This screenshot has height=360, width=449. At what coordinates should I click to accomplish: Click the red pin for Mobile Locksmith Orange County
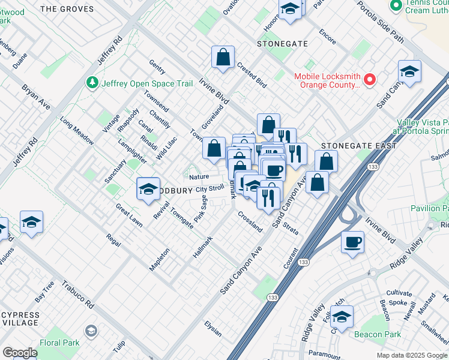click(x=370, y=79)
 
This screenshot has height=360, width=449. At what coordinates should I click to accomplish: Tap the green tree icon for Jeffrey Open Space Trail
click(x=92, y=82)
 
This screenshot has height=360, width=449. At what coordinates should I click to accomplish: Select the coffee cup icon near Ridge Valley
click(x=352, y=243)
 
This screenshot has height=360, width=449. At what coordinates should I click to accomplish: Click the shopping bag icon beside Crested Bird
click(x=223, y=58)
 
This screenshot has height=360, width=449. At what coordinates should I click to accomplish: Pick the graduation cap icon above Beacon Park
click(x=342, y=317)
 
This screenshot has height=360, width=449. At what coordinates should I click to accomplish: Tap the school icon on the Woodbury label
click(x=148, y=190)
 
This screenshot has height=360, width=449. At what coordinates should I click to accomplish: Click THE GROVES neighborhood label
click(x=68, y=9)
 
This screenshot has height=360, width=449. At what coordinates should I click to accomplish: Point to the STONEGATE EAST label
click(x=358, y=146)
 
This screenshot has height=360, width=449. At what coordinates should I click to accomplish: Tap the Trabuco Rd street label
click(x=82, y=295)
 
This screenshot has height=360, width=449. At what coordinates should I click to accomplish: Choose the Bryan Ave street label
click(x=37, y=95)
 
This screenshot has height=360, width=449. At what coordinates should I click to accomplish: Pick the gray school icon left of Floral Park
click(x=91, y=331)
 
